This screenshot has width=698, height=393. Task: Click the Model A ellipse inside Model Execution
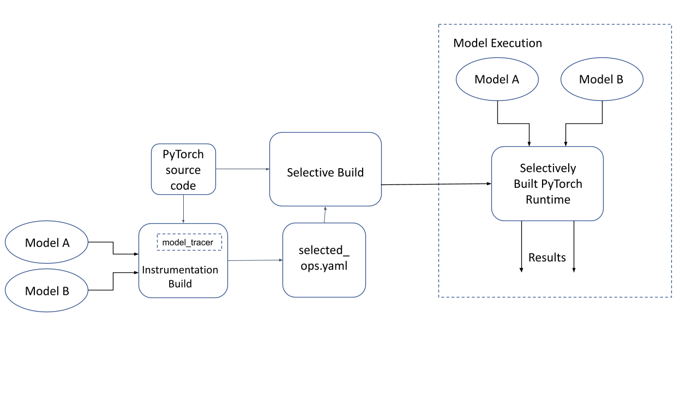coord(497,79)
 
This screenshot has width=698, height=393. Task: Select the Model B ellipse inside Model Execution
coord(601,79)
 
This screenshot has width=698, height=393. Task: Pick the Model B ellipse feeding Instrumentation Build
coord(47,291)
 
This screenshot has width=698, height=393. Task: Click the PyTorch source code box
coord(183,170)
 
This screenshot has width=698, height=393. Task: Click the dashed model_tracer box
coord(189,242)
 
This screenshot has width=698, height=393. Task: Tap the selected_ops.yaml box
coord(324,260)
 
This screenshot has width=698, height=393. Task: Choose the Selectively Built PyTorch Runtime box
coord(547,183)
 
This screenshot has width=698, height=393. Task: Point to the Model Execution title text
coord(497,43)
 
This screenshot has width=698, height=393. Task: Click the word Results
coord(547,258)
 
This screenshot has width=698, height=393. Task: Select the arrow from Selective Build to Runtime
coord(436,184)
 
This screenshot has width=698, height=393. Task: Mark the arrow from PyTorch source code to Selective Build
coord(243,169)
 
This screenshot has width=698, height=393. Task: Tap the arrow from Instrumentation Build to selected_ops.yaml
coord(255,260)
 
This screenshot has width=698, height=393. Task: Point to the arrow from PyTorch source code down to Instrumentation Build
coord(183,209)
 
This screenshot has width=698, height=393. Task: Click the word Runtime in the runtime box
coord(547,200)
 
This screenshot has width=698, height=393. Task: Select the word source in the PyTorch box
coord(183,170)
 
